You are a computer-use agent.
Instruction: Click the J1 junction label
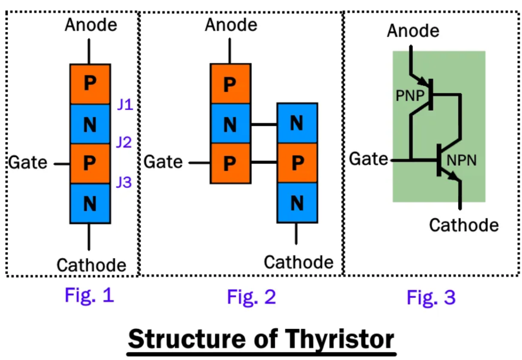124,106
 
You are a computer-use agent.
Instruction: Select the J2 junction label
124,142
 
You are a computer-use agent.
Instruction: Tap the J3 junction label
124,182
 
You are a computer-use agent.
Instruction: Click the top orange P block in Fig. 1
90,84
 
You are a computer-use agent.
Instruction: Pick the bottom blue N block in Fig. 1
90,203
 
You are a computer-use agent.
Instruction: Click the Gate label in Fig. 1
28,163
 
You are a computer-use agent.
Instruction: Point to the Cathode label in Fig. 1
91,265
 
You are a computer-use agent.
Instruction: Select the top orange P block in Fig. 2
230,84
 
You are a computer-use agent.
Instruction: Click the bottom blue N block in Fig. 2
297,203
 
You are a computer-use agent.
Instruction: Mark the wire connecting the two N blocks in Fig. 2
264,124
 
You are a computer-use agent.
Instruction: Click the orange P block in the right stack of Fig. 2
297,163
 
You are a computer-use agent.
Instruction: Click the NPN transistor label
461,160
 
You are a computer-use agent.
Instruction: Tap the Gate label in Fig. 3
368,159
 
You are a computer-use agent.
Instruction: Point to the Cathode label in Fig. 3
464,225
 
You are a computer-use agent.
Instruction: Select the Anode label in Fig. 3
413,31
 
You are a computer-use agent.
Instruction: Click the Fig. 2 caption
251,296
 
